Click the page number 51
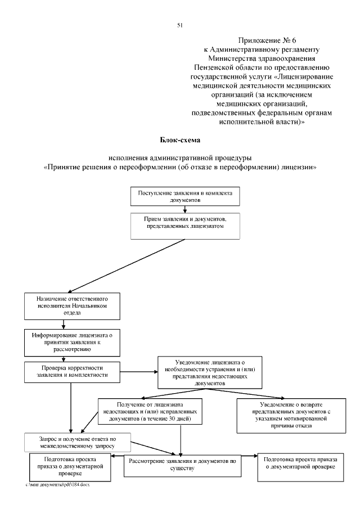pos(180,25)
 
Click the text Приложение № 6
pos(264,40)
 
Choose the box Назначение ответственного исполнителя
pos(65,305)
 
